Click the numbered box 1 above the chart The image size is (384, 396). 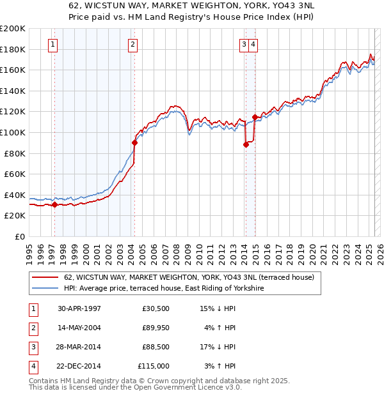pyautogui.click(x=52, y=44)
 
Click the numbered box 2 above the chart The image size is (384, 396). pyautogui.click(x=132, y=44)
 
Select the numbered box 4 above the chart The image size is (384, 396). pyautogui.click(x=254, y=44)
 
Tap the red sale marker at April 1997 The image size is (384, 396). pyautogui.click(x=54, y=205)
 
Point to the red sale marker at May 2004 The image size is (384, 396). pyautogui.click(x=134, y=143)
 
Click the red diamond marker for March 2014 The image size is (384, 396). pyautogui.click(x=246, y=145)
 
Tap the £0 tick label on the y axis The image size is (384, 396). pyautogui.click(x=20, y=236)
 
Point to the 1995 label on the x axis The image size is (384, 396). pyautogui.click(x=29, y=250)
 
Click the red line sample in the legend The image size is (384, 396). pyautogui.click(x=45, y=278)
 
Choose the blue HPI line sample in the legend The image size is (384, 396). pyautogui.click(x=45, y=289)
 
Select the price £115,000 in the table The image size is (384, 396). pyautogui.click(x=154, y=366)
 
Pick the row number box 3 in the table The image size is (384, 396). pyautogui.click(x=32, y=347)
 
